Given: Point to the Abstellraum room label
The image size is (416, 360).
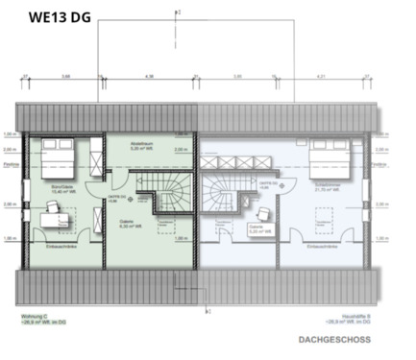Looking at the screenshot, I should point(144,143).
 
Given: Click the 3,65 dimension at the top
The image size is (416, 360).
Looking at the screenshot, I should point(65,75).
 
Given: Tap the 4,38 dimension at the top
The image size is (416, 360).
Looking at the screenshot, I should point(148,75).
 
